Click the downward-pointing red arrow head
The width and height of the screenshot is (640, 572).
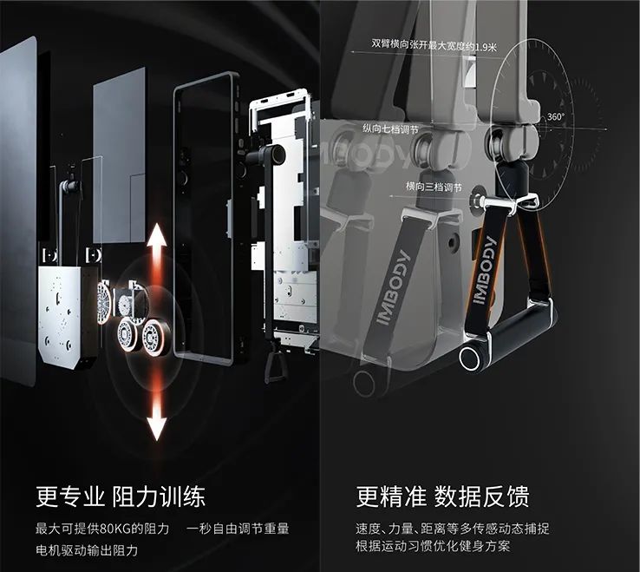pos(157,429)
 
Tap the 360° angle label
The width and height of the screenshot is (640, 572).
pos(556,117)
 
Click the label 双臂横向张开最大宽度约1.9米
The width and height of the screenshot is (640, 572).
pos(434,45)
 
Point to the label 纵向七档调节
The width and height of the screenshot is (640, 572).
pos(390,129)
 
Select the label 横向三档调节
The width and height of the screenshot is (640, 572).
pos(434,187)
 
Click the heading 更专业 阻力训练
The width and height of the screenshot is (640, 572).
pos(121,496)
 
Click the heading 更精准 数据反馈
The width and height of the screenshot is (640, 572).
pos(442,496)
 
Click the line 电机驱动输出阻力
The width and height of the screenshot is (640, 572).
pos(87,550)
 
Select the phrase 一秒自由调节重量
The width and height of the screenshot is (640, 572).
pos(238,529)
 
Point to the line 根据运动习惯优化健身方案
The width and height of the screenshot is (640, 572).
pos(433,546)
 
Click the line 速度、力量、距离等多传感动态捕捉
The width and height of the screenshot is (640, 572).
pos(452,529)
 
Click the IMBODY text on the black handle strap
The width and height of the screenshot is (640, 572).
pos(486,271)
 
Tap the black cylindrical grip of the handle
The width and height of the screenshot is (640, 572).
pos(508,335)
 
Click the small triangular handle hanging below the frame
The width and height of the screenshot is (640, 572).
pos(275,365)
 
